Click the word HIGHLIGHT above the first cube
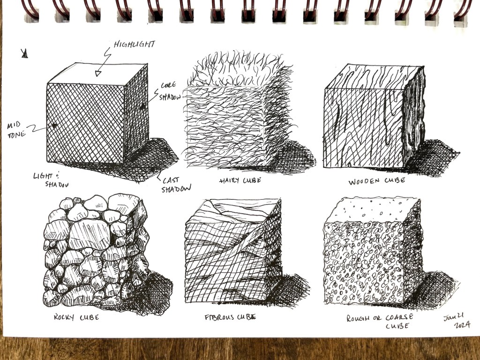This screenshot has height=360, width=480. (135, 45)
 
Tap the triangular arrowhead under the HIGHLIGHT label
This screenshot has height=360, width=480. (98, 74)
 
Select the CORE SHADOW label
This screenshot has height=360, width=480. (169, 91)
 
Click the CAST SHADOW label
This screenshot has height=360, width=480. (176, 185)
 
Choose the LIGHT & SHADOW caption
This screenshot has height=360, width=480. (51, 180)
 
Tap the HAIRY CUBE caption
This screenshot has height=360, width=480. (240, 180)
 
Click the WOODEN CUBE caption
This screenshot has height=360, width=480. (376, 181)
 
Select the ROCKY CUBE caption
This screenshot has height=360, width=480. (76, 317)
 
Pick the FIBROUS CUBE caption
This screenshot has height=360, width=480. (230, 317)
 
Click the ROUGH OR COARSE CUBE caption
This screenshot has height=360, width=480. (380, 321)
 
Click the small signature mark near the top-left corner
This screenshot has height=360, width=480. (24, 53)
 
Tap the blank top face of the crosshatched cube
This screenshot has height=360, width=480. (97, 74)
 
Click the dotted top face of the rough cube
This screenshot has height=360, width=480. (372, 210)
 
